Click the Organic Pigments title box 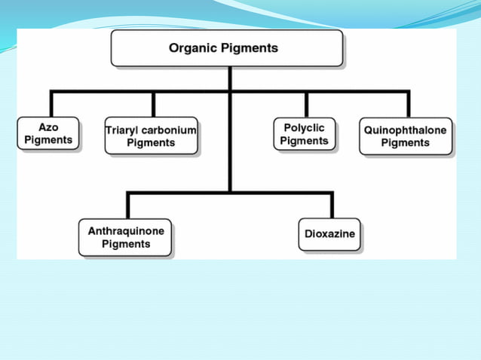point(227,49)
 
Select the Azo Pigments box point(48,134)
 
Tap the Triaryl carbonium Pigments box point(151,136)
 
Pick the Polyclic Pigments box point(305,134)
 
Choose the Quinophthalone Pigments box point(405,136)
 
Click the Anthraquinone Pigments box point(125,237)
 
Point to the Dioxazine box point(329,234)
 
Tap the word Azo point(48,128)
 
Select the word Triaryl point(122,130)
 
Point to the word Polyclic point(305,128)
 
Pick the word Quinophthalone point(405,130)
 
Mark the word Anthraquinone point(125,231)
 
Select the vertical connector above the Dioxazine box point(331,206)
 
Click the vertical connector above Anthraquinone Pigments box point(128,206)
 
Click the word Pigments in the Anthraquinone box point(126,244)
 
